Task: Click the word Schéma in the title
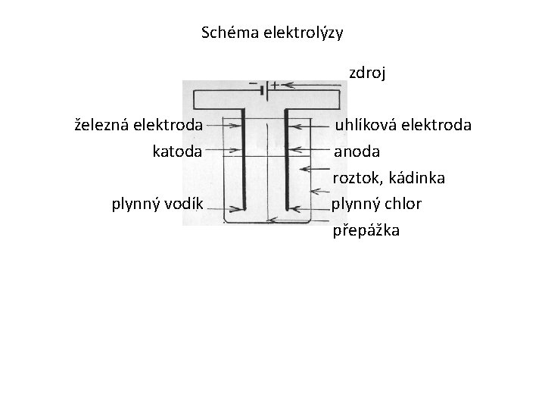(227, 33)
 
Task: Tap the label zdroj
(367, 73)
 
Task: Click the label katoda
(177, 151)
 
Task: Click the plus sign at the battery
(275, 85)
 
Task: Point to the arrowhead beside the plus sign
(288, 86)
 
